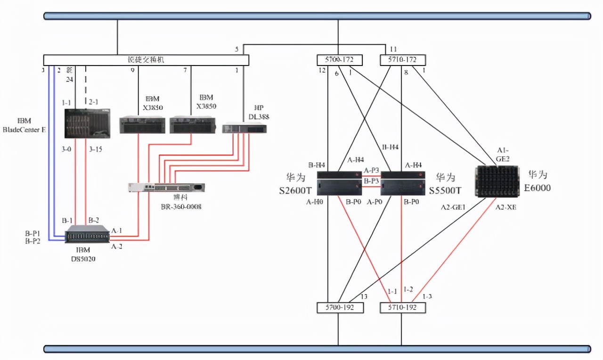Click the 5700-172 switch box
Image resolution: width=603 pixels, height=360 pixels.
point(339,60)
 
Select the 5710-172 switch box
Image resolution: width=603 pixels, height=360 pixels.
point(403,60)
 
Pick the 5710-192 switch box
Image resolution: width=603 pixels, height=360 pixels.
point(403,308)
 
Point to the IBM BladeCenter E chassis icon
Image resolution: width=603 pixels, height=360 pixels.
point(87,123)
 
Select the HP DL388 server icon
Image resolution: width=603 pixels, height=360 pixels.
point(244,127)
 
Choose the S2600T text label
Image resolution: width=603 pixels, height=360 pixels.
point(295,191)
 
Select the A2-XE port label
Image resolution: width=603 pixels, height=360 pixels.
point(505,206)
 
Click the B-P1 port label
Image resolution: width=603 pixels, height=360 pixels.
point(33,233)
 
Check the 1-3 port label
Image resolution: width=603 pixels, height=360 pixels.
point(427,296)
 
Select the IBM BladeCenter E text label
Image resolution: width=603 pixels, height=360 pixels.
point(24,125)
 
